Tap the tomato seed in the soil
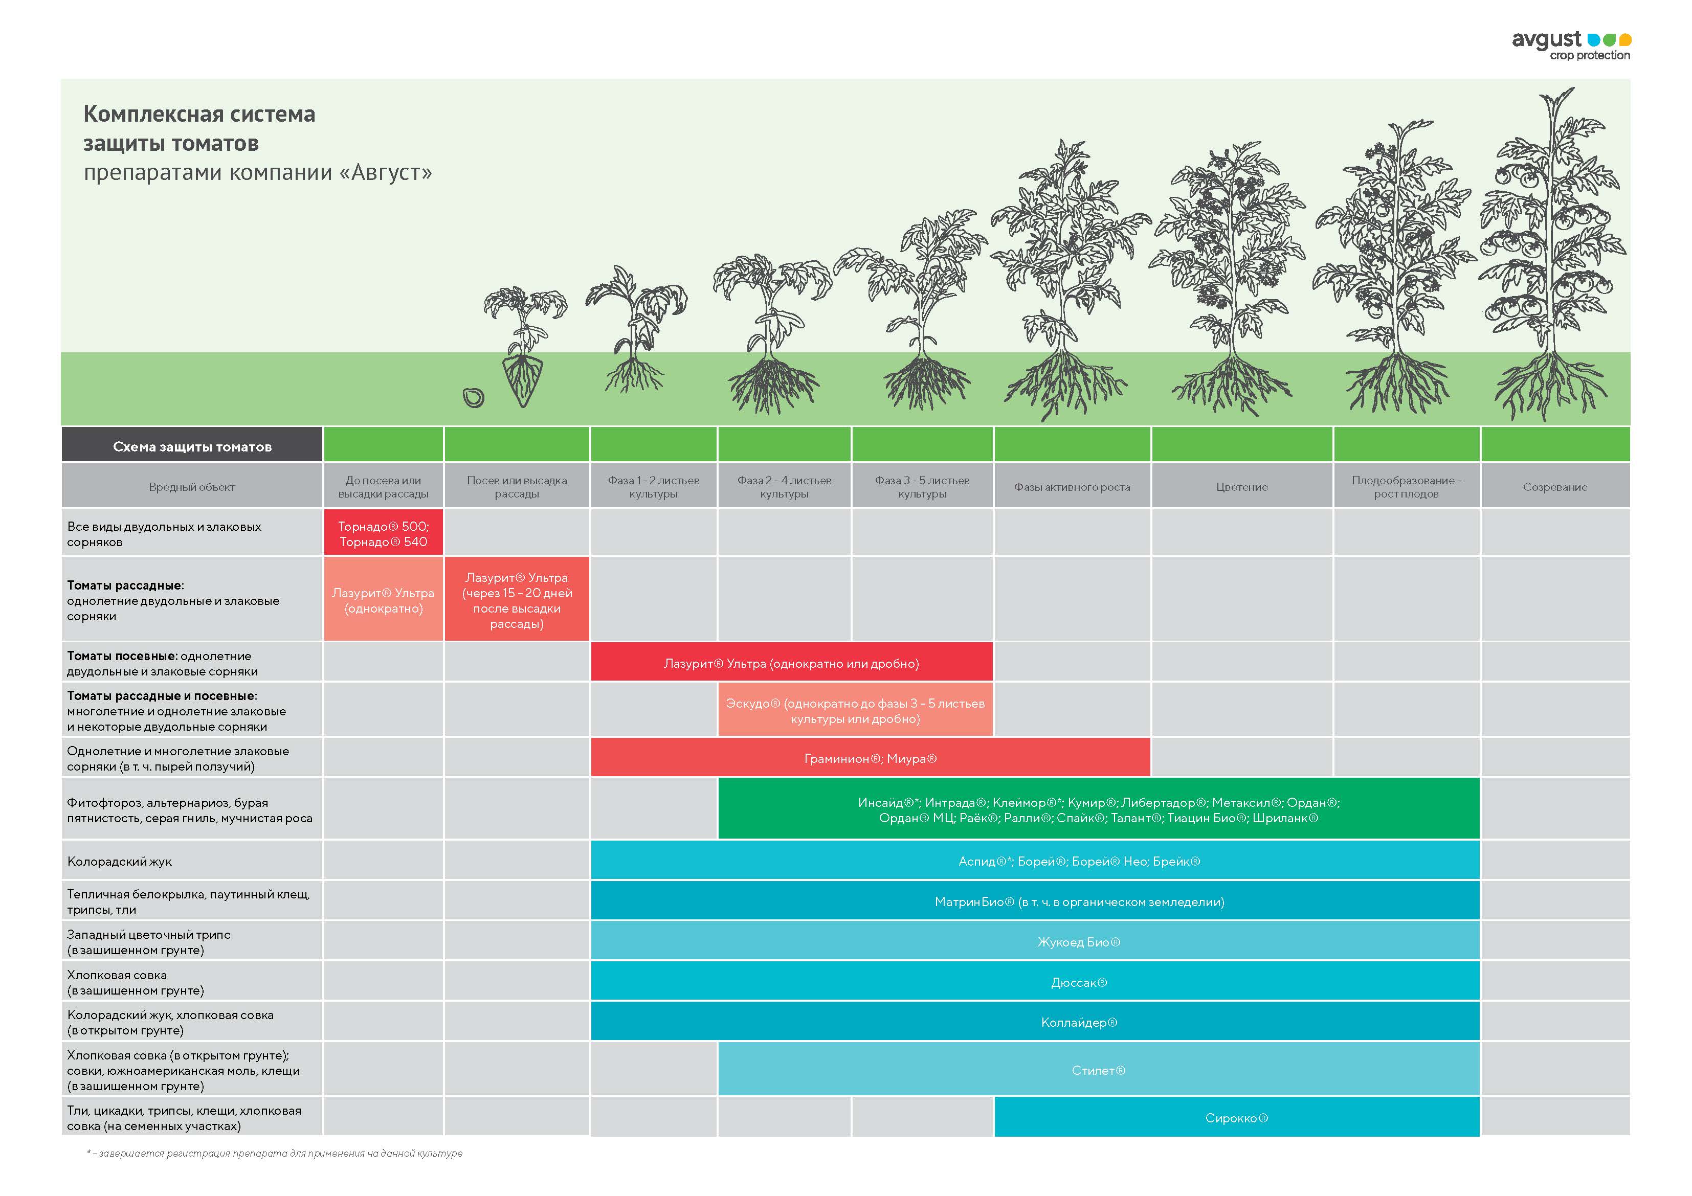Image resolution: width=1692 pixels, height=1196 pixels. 473,398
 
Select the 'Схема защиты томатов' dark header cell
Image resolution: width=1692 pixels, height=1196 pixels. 192,446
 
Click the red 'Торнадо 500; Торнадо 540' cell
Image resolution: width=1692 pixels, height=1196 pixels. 383,533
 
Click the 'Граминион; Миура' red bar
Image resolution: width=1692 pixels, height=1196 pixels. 871,758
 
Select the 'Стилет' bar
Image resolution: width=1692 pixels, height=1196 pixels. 1098,1070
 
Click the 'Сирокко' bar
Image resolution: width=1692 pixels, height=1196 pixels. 1237,1118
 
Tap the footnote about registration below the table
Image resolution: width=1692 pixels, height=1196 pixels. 275,1153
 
